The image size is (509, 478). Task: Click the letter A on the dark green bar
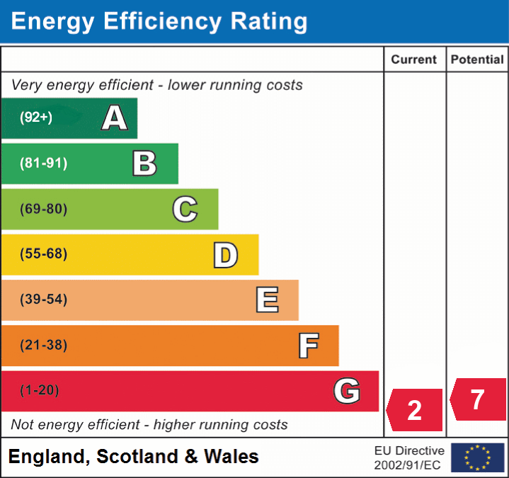point(115,118)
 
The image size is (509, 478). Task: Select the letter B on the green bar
point(144,164)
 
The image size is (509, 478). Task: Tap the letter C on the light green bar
point(185,209)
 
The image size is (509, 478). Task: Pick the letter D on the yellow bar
point(225,254)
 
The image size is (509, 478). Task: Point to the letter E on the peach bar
point(267,300)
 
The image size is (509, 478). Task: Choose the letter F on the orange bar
point(308,346)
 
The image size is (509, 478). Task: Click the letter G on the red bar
point(347,390)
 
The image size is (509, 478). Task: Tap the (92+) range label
point(36,118)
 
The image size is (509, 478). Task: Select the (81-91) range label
point(43,164)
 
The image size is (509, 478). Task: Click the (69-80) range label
point(43,209)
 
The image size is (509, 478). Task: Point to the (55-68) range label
point(43,254)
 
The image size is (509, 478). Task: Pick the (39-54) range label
point(43,300)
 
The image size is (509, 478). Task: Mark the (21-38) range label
point(43,346)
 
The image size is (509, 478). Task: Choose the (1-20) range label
point(40,390)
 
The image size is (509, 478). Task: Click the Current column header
point(414,60)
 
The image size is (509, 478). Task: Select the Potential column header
point(477,60)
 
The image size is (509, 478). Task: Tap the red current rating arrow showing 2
point(415,410)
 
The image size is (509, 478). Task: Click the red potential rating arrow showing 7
point(478,399)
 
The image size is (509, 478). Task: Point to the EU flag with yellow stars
point(478,457)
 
